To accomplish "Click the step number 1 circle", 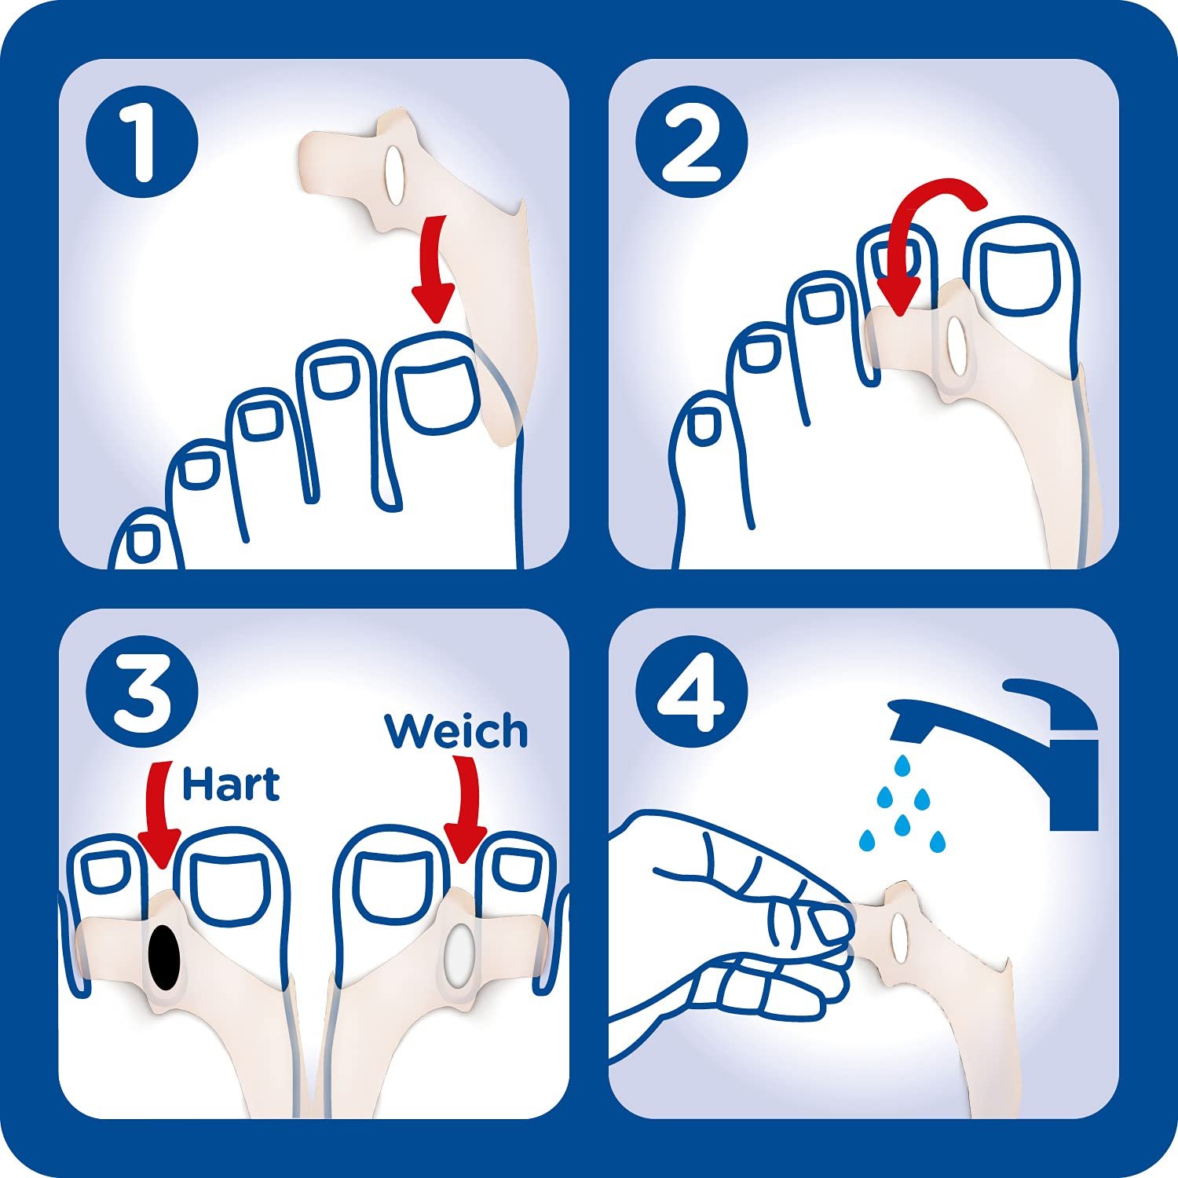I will pos(142,142).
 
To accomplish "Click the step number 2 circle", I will pos(692,142).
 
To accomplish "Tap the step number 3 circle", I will pos(142,692).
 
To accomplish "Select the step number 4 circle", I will pos(692,692).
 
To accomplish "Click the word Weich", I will pos(455,731).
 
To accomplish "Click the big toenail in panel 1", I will pos(437,393).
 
